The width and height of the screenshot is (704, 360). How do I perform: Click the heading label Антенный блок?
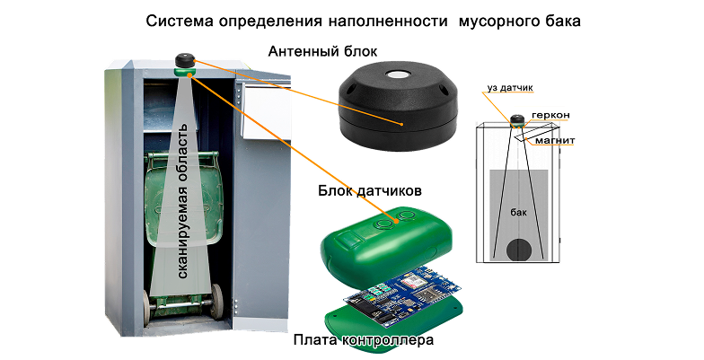[322, 52]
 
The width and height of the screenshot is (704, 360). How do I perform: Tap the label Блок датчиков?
[370, 190]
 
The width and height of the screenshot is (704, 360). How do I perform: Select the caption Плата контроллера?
[364, 339]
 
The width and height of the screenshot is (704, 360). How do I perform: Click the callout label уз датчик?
[510, 88]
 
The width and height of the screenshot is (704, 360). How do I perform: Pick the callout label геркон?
[550, 115]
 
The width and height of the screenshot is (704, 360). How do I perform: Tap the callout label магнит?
[555, 140]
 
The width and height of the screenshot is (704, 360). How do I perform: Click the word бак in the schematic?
[519, 212]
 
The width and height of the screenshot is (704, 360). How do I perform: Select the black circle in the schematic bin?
[520, 250]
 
